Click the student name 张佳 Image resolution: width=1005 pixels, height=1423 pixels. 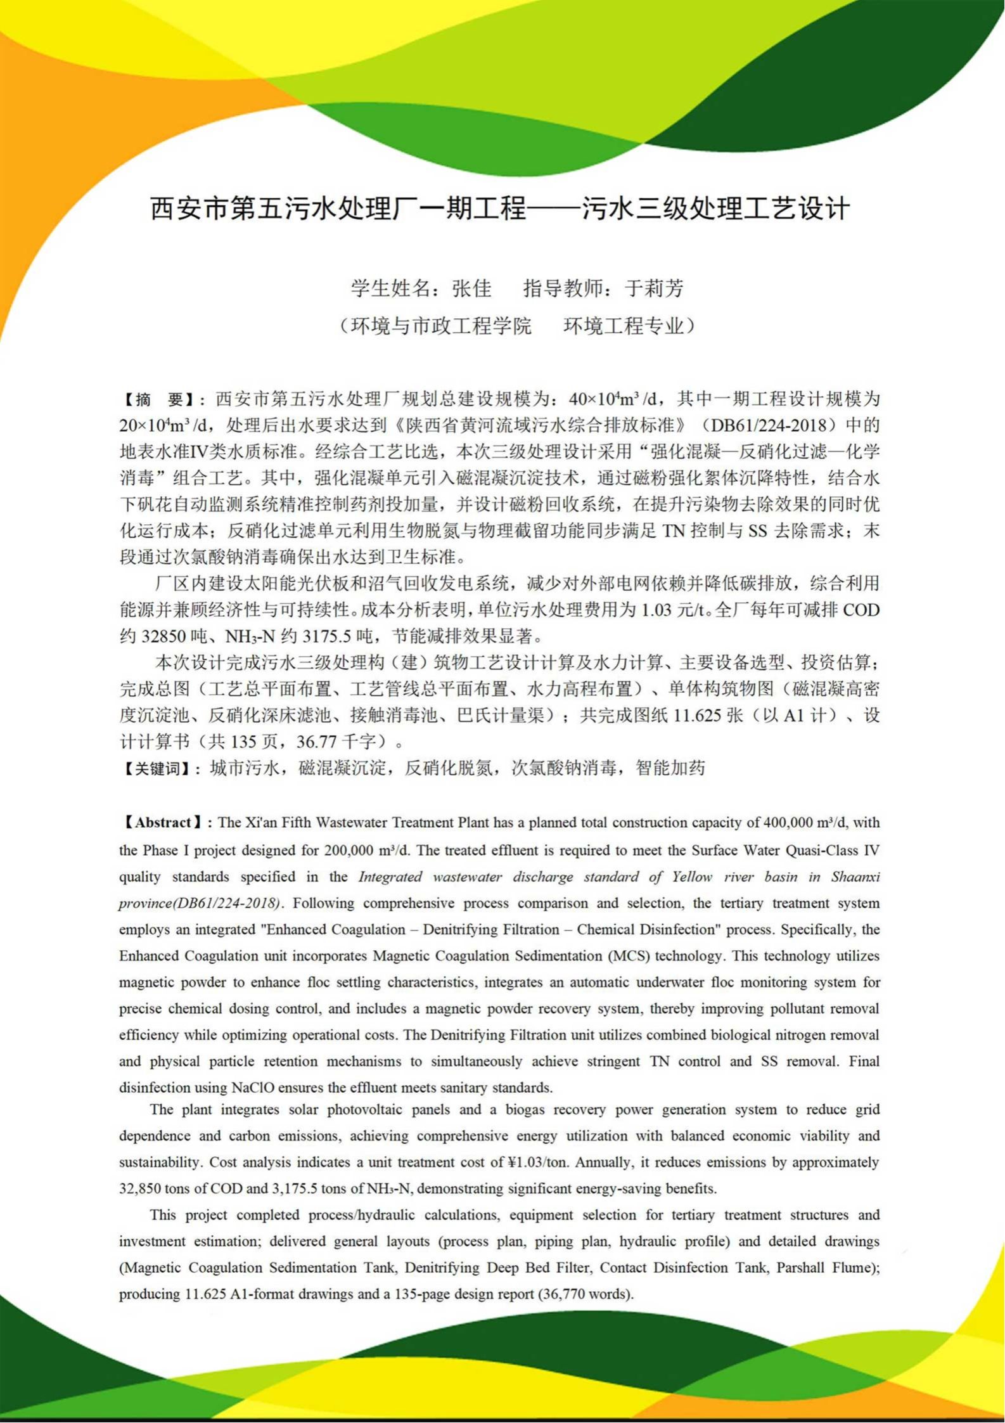point(471,288)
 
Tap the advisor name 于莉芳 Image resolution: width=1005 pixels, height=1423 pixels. point(654,288)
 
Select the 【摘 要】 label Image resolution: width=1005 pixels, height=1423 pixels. point(158,399)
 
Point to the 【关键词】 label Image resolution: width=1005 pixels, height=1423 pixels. point(157,769)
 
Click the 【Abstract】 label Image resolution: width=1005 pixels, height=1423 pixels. point(163,823)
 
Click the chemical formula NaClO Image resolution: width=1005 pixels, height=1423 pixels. point(253,1088)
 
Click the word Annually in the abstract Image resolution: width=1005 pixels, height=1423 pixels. point(602,1162)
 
